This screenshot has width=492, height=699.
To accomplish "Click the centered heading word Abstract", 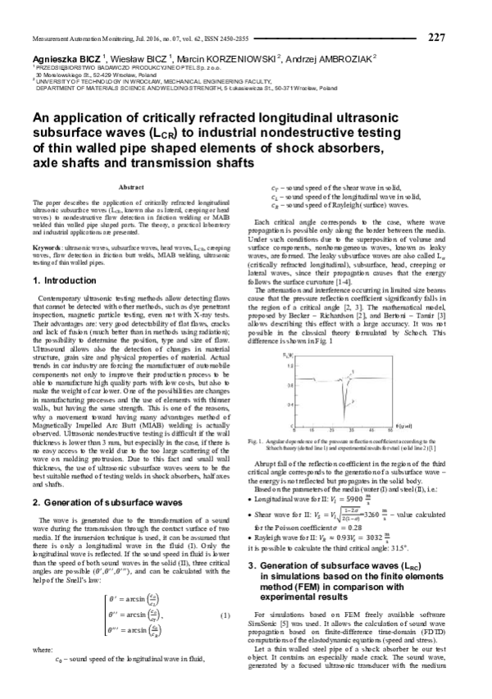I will coord(131,188).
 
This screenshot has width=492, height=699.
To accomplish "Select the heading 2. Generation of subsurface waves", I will coord(95,478).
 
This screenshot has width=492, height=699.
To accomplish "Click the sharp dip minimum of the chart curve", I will coord(335,419).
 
